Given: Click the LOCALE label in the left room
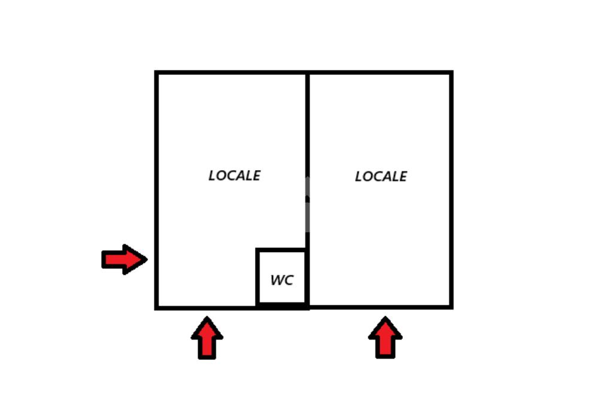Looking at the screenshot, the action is [x=234, y=175].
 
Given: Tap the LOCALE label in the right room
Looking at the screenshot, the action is [x=381, y=177].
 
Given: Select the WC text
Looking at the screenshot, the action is [x=282, y=280].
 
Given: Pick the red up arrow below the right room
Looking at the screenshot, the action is [x=385, y=338].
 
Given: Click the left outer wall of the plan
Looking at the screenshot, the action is [x=157, y=180].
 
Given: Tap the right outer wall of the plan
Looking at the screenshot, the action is [x=451, y=180].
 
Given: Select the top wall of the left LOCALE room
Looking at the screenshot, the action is [x=232, y=73].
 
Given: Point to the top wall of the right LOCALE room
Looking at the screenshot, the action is [x=380, y=73].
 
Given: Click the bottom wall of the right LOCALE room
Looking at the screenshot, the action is [x=380, y=307].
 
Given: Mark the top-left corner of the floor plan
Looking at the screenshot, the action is [x=157, y=73].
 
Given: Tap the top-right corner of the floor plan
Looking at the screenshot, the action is [x=451, y=73].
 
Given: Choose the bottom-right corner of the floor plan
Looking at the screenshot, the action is [x=451, y=307].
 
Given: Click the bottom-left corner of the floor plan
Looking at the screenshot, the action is [x=157, y=307].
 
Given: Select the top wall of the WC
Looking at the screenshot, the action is [x=282, y=250].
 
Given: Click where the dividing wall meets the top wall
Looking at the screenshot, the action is [x=308, y=73].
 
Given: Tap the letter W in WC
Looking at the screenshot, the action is [x=277, y=280].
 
